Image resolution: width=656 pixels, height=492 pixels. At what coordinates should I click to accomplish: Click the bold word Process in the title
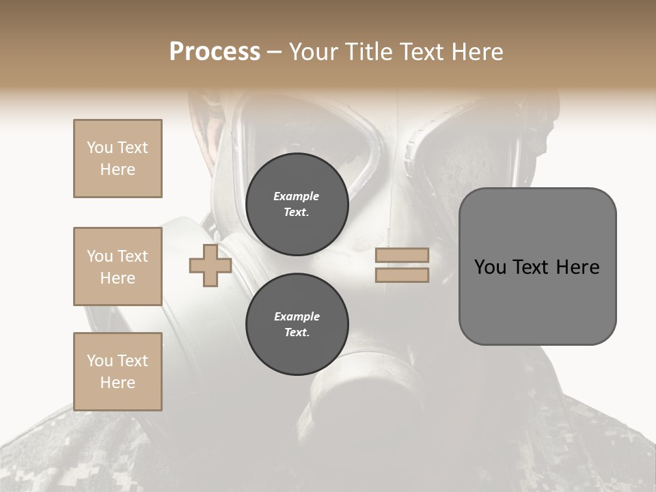pyautogui.click(x=215, y=51)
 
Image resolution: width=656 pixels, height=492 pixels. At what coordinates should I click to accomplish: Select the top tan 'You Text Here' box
pyautogui.click(x=118, y=159)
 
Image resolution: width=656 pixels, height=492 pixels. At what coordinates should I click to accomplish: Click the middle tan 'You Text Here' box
pyautogui.click(x=118, y=266)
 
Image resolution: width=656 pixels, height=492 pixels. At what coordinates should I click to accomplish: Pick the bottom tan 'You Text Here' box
pyautogui.click(x=118, y=372)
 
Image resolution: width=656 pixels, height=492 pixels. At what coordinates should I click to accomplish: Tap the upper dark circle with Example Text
pyautogui.click(x=297, y=204)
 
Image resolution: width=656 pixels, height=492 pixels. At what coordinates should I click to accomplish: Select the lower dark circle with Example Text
pyautogui.click(x=297, y=325)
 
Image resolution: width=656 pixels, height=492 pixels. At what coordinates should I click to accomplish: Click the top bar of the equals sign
pyautogui.click(x=402, y=256)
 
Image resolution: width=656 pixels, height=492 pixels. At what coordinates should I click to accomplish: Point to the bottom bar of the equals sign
pyautogui.click(x=402, y=275)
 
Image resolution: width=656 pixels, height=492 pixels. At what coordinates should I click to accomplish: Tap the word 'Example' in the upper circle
pyautogui.click(x=297, y=196)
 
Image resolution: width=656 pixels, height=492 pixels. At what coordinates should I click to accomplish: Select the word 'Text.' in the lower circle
pyautogui.click(x=297, y=333)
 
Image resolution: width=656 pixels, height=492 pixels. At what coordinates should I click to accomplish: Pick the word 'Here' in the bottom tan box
pyautogui.click(x=118, y=383)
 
